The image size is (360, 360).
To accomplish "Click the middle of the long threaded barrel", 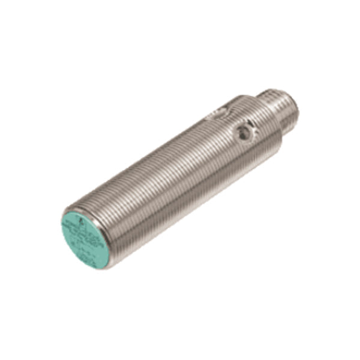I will click(174, 174).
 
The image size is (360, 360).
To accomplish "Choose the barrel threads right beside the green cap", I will click(111, 222).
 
